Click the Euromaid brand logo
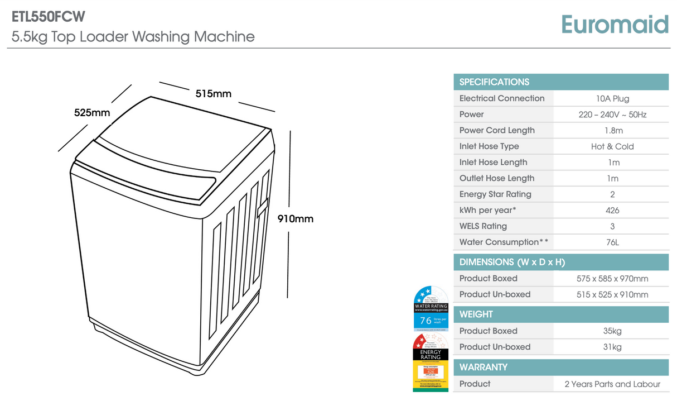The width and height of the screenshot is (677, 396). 615,25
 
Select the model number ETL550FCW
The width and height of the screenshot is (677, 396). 49,17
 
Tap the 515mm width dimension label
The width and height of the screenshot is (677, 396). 213,93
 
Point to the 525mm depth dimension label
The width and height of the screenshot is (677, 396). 92,113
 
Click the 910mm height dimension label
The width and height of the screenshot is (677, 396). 296,218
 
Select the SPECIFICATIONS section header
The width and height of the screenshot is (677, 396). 494,82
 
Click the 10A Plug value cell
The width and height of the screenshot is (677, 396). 612,98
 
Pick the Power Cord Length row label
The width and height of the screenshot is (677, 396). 497,130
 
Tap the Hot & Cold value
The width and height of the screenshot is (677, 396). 612,146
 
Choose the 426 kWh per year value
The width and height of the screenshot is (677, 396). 612,211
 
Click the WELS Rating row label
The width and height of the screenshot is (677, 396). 483,226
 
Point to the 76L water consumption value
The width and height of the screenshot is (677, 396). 612,242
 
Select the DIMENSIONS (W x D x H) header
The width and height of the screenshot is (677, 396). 512,262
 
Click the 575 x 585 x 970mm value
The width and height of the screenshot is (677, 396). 612,278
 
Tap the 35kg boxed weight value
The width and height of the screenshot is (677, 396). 612,331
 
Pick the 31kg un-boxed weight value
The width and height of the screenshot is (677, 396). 612,347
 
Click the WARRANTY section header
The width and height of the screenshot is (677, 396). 483,367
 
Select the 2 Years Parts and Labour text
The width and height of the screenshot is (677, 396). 612,384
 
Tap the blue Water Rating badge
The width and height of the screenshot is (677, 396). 431,309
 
